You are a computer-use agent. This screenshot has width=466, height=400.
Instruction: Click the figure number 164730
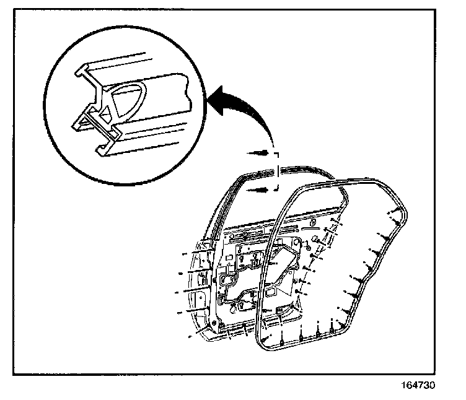[420, 385]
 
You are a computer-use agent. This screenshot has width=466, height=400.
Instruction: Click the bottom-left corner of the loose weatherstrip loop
[263, 343]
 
